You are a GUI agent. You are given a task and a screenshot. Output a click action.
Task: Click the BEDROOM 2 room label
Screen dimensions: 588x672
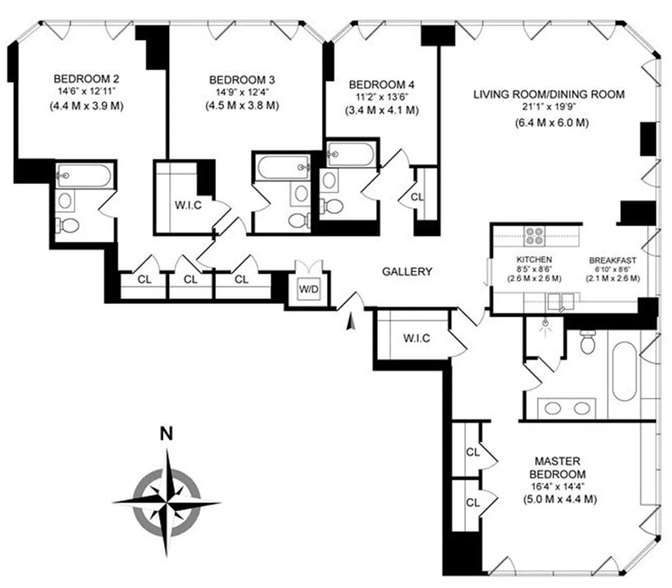(87, 79)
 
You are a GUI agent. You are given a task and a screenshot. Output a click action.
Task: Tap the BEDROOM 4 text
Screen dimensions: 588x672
(381, 85)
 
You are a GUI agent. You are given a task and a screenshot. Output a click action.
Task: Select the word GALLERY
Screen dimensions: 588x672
(407, 272)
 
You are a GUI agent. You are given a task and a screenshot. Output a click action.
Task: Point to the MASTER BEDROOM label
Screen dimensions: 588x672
(557, 468)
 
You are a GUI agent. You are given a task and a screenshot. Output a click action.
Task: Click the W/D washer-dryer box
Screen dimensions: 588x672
(309, 289)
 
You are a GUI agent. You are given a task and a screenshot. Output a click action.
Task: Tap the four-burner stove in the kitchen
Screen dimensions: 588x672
(535, 236)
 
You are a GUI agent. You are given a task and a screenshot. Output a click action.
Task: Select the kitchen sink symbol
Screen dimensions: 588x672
(561, 300)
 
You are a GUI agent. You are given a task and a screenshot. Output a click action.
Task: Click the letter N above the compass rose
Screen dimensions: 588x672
(166, 434)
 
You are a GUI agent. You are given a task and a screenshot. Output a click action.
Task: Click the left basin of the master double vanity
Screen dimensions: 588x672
(553, 409)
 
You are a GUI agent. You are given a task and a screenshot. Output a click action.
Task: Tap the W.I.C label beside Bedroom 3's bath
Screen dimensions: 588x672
(188, 206)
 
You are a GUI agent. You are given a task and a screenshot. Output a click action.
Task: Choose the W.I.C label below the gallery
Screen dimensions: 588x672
(416, 338)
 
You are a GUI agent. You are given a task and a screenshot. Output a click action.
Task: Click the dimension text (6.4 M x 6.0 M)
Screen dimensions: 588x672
(552, 123)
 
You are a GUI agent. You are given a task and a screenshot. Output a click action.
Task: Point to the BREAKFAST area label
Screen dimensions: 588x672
(613, 260)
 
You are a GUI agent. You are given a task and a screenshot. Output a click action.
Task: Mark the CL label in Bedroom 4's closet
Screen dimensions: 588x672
(417, 196)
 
